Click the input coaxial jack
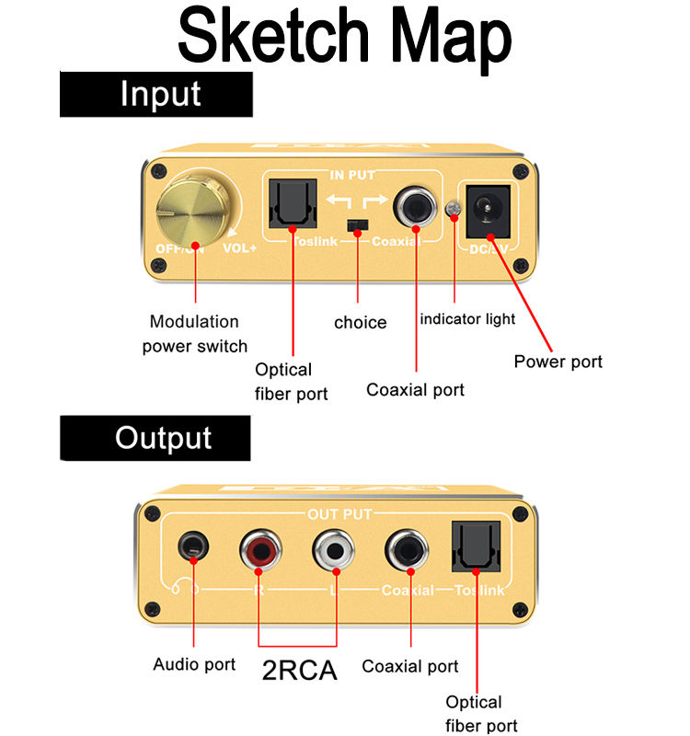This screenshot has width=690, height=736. pos(415,209)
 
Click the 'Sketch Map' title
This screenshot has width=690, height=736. pos(344,37)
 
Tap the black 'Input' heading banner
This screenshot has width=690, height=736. pos(156,95)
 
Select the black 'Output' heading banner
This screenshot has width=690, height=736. pos(155,438)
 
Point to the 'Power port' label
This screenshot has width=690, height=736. pos(558,362)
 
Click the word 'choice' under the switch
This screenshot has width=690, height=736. pos(360,323)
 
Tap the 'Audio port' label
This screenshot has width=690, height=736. pos(194,664)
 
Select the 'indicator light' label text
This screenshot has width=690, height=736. pos(467,320)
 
